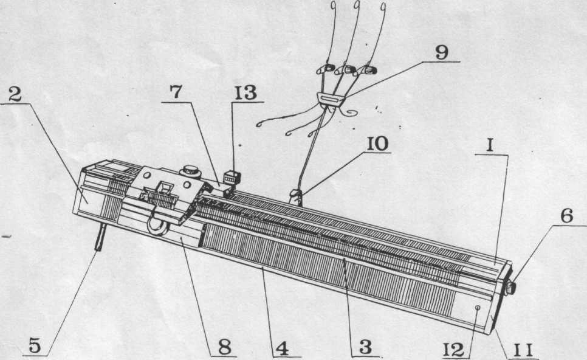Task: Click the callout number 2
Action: tap(16, 95)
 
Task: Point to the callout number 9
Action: tap(442, 52)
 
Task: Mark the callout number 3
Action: tap(364, 347)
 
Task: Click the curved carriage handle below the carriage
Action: tap(156, 226)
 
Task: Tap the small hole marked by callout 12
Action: tap(478, 308)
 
